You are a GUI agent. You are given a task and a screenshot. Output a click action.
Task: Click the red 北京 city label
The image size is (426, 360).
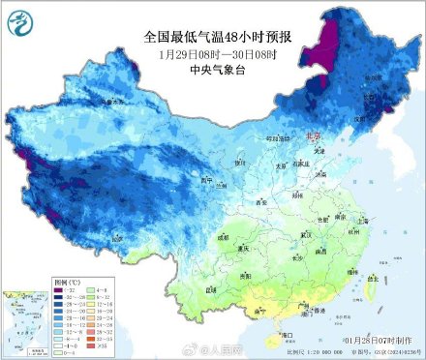(x=312, y=137)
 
